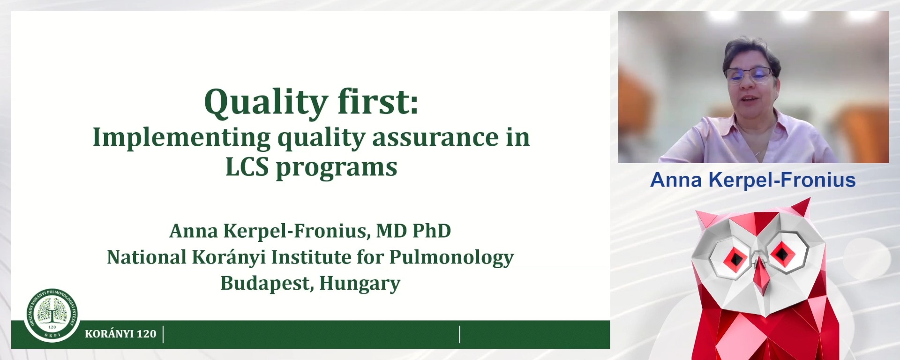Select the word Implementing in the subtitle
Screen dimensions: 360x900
[181, 138]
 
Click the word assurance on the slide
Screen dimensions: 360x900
[435, 137]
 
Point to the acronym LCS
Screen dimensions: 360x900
[247, 167]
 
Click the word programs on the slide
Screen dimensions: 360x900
[337, 168]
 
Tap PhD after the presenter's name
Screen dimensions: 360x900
[431, 231]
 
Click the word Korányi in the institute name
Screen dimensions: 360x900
[229, 257]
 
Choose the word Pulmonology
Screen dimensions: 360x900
[451, 258]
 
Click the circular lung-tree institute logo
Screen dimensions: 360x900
[52, 314]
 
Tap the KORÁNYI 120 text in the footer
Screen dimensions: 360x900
[120, 334]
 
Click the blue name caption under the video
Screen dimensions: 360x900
[753, 180]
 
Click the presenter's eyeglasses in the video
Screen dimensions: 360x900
[749, 74]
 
